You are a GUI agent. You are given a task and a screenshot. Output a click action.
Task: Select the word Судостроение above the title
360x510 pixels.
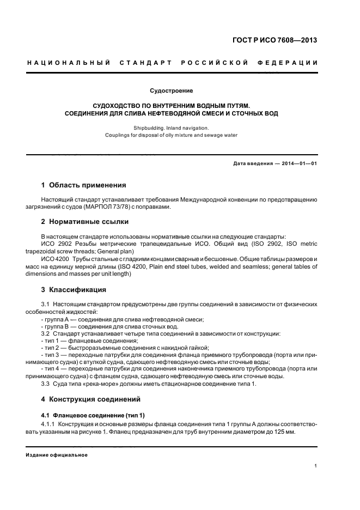point(172,89)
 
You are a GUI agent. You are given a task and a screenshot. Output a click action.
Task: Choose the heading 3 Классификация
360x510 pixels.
point(78,289)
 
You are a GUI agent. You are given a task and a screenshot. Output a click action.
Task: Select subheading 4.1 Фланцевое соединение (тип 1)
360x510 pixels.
point(93,415)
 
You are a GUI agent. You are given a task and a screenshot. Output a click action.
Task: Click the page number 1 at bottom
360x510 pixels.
point(316,466)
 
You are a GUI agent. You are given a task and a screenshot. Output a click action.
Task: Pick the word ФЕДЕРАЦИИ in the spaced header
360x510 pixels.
point(292,63)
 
